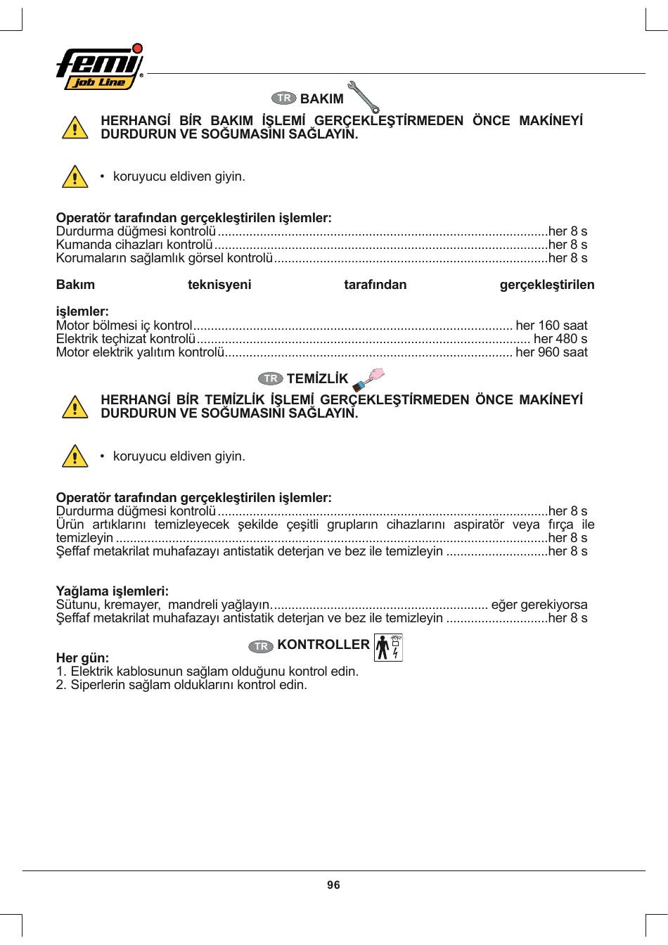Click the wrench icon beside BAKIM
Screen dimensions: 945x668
364,97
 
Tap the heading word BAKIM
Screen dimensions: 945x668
321,99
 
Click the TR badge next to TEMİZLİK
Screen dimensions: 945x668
271,379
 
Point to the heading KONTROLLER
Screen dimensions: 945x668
323,645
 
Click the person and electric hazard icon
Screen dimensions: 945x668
389,648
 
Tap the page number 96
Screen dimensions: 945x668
333,885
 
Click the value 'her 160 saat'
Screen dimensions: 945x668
551,326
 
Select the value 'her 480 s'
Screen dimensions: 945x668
560,339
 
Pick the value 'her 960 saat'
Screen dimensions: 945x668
551,352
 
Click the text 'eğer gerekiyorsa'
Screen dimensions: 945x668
539,605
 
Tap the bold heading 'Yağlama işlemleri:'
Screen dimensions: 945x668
113,591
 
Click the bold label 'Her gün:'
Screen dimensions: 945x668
82,658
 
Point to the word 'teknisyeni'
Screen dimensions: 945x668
219,285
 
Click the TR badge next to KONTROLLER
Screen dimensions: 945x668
261,646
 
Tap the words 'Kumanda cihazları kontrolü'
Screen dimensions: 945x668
134,245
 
